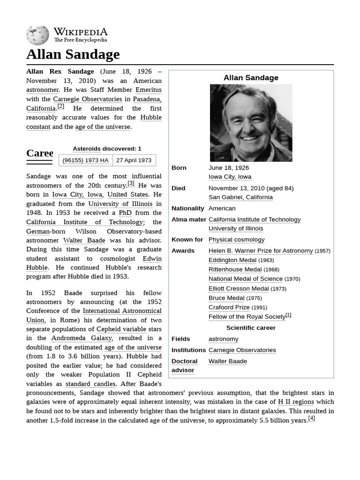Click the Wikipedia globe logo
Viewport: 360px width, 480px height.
37,35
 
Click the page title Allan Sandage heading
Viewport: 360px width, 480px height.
73,54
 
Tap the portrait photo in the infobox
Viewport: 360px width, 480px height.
251,123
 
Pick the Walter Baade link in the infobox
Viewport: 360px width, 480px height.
227,361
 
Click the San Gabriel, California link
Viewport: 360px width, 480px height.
240,197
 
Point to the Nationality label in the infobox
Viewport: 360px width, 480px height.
187,209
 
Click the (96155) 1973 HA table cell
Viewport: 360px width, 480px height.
85,160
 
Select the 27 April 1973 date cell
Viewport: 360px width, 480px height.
134,160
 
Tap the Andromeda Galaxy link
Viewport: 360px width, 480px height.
82,338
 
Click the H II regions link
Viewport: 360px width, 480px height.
296,402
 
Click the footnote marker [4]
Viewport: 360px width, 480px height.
311,419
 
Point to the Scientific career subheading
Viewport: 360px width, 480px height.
251,328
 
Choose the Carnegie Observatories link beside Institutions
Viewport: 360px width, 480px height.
242,350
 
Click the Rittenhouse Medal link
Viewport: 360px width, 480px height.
235,270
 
